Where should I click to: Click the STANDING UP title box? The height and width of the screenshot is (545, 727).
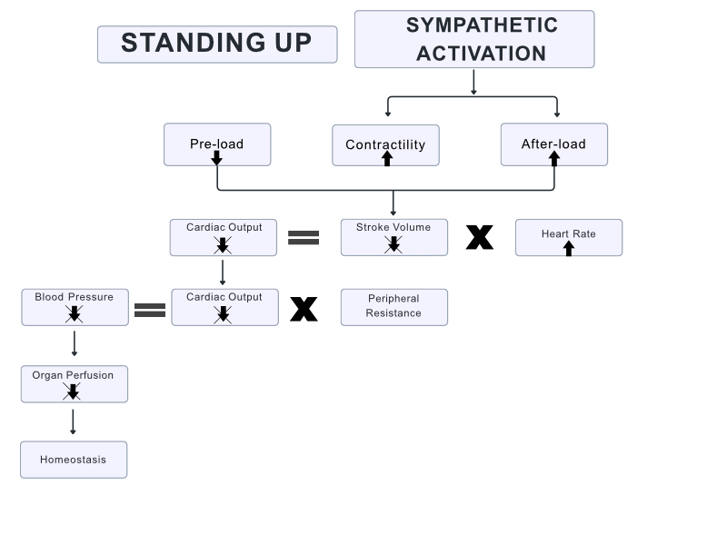(216, 44)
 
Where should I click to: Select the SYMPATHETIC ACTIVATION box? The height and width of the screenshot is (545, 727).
(473, 39)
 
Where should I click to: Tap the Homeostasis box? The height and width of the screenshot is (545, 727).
(74, 460)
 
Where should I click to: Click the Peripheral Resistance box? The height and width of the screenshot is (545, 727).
(393, 306)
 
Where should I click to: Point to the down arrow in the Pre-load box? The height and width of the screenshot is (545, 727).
(216, 158)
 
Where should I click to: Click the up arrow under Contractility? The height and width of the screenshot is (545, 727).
(386, 158)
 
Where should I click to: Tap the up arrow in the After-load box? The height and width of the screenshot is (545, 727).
(553, 158)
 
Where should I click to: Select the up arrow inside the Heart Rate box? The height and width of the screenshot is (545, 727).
(569, 248)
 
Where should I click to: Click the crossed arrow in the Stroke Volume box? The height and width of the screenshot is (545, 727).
(393, 243)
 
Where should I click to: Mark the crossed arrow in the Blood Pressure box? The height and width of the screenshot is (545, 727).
(75, 314)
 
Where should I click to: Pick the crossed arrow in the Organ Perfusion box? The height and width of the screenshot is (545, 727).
(73, 391)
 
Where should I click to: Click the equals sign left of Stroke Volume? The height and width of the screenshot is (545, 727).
(304, 237)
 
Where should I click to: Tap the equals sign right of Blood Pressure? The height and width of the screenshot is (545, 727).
(150, 310)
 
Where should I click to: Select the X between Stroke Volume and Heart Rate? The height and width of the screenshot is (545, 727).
(480, 237)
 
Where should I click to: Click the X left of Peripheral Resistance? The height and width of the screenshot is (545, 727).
(304, 310)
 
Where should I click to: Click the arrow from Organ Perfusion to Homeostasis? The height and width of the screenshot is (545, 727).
(73, 421)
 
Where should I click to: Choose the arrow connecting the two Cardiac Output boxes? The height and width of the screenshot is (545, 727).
(223, 272)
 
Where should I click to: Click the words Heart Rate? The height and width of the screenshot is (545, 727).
(569, 233)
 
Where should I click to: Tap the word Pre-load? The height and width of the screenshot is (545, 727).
(216, 144)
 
